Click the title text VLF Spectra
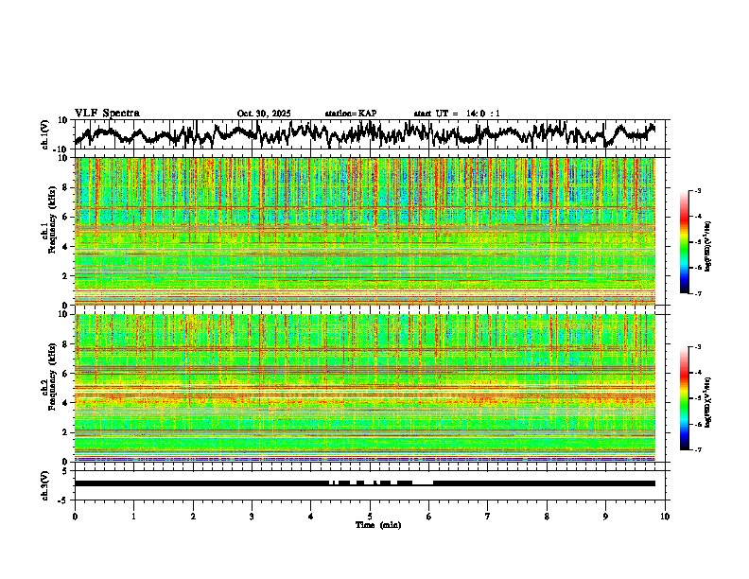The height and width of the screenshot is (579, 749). click(x=107, y=114)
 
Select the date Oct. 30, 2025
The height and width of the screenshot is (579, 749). click(x=264, y=114)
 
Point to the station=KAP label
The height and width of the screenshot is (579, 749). click(x=350, y=114)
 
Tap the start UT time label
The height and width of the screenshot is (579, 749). click(x=457, y=114)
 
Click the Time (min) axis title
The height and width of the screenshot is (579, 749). click(x=377, y=525)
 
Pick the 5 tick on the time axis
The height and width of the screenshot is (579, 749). click(x=370, y=517)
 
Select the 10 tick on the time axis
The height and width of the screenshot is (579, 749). click(x=665, y=517)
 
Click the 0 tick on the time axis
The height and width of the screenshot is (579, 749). click(x=75, y=517)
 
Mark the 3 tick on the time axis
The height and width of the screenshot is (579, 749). click(x=252, y=517)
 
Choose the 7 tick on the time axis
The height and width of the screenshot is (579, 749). click(x=488, y=517)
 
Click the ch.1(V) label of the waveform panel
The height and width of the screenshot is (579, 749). click(x=45, y=135)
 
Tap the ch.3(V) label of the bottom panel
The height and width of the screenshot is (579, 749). click(x=45, y=483)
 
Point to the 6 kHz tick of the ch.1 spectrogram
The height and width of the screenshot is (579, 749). click(x=65, y=218)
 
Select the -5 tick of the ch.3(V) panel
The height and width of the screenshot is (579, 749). click(x=63, y=499)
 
